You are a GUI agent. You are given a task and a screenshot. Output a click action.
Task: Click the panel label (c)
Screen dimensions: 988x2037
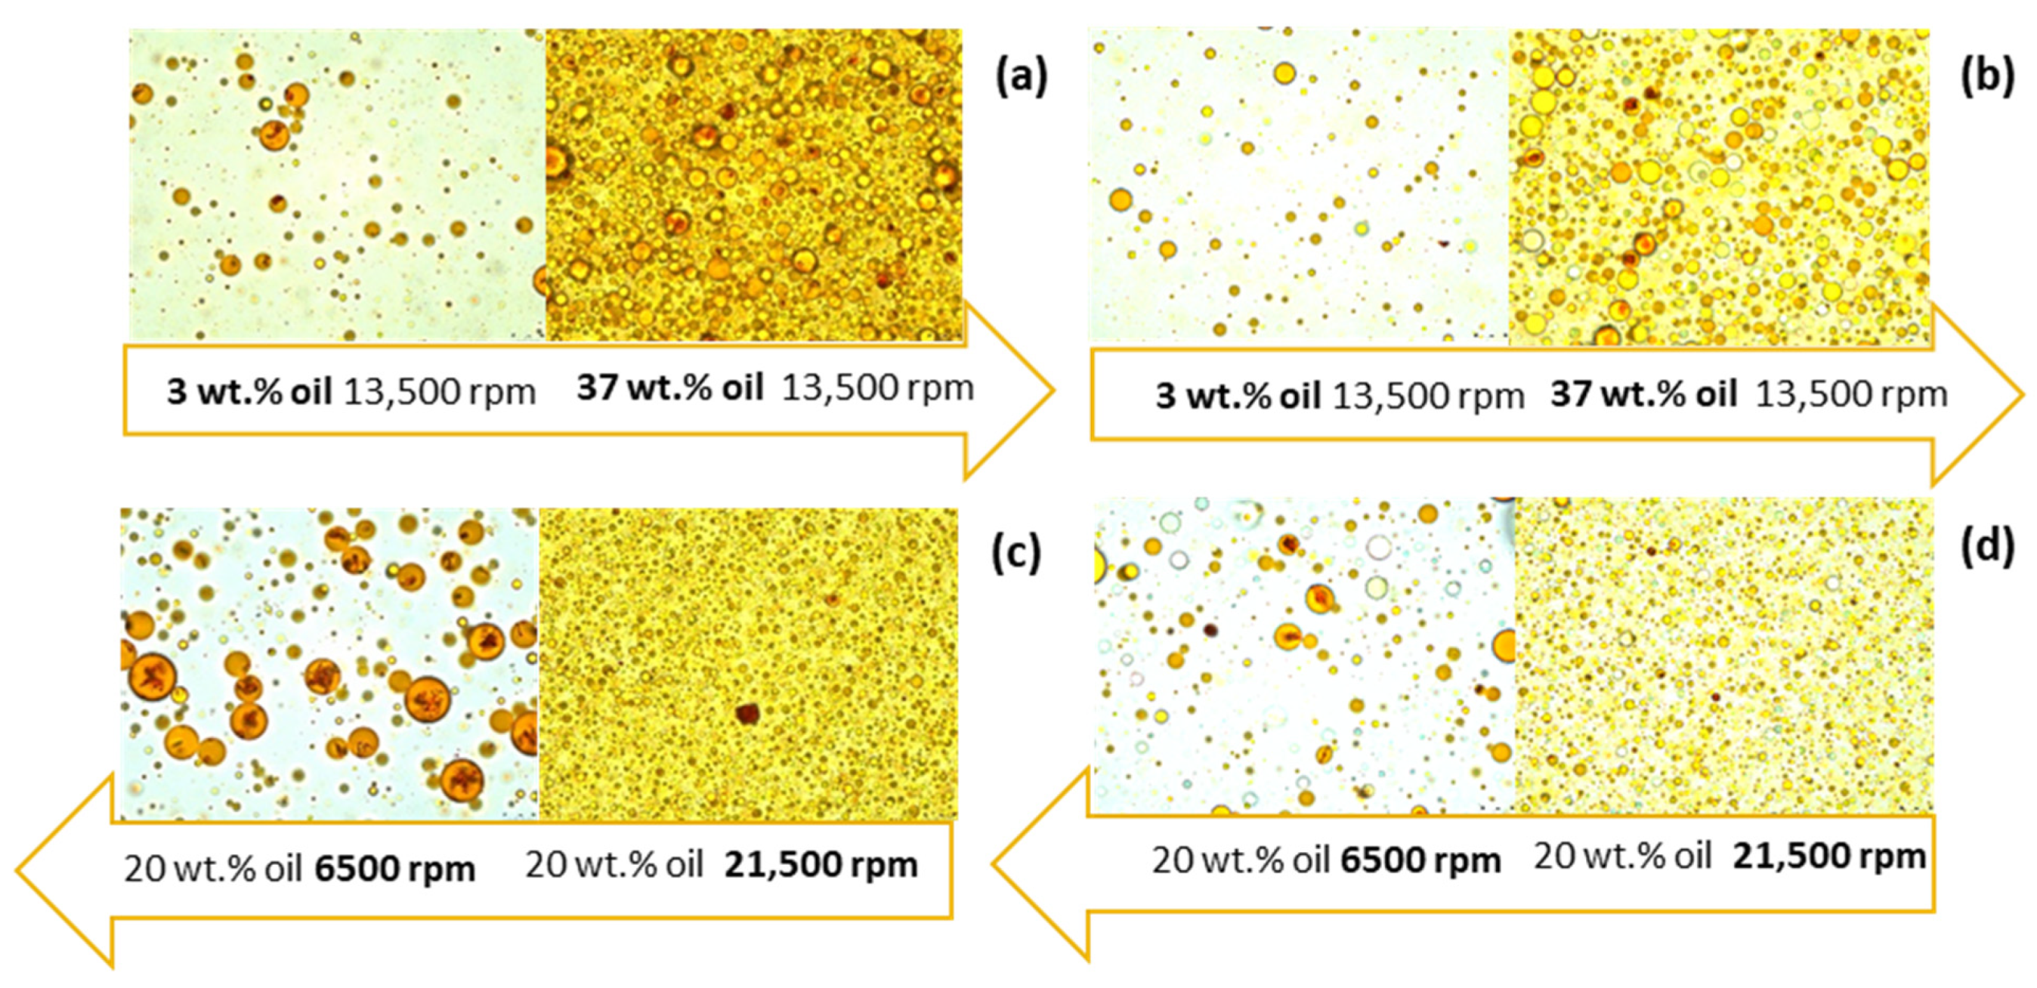(x=1016, y=552)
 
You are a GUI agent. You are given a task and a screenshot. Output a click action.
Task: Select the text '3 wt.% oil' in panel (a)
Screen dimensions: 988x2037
(x=249, y=392)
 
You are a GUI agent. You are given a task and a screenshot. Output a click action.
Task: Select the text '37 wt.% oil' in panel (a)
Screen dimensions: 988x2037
(x=669, y=388)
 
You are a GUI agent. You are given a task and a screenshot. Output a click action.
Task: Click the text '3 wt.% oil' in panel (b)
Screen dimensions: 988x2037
(x=1238, y=396)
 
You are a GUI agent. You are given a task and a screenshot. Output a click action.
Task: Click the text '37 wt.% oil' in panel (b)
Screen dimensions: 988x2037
(x=1643, y=394)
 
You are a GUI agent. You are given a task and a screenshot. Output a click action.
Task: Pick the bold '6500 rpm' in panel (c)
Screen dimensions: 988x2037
(x=394, y=869)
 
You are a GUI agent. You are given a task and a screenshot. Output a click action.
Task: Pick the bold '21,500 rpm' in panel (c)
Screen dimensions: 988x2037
(x=820, y=866)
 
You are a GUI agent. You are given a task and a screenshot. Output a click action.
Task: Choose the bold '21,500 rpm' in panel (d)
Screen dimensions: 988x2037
(x=1828, y=857)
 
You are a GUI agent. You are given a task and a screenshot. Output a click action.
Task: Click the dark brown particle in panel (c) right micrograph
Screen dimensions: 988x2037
(x=746, y=714)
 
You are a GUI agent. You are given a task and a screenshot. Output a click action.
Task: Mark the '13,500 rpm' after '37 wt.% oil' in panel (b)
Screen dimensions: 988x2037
(x=1850, y=394)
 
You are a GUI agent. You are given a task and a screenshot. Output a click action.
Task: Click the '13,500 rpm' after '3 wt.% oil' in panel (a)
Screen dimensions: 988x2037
(x=439, y=392)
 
